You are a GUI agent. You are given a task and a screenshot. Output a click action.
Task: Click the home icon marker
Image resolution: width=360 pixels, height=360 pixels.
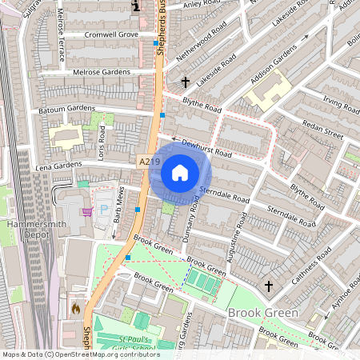(x=180, y=173)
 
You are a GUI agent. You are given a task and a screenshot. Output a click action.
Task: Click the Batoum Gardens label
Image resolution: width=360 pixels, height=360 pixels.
(x=68, y=109)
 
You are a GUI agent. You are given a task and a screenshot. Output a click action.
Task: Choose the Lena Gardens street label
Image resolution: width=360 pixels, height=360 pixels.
(x=58, y=165)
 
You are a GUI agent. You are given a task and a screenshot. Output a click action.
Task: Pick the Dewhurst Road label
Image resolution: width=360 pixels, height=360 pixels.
(x=206, y=147)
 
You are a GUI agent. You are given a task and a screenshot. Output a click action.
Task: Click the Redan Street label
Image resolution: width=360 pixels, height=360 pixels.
(x=322, y=130)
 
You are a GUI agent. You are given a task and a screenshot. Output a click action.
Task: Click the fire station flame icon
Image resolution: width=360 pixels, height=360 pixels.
(x=75, y=307)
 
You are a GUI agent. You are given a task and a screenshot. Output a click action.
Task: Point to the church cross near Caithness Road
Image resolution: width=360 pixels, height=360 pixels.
(x=269, y=286)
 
